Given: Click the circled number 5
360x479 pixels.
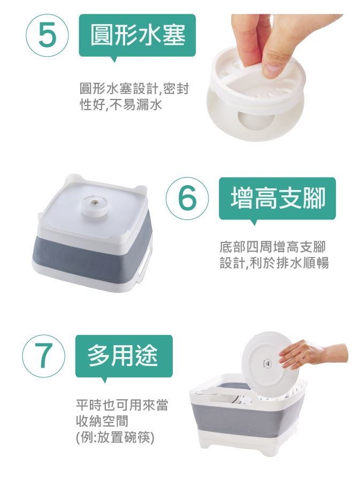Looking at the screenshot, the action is point(48,35).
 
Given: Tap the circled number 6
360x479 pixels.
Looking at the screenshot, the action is point(187,198).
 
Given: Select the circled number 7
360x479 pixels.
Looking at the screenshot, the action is point(43,356).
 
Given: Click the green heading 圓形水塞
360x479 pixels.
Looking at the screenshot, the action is point(137,35).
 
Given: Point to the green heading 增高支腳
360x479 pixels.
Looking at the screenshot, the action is point(277,198).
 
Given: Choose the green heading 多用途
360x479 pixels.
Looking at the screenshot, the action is point(124,356).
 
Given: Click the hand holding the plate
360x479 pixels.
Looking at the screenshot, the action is point(313,354).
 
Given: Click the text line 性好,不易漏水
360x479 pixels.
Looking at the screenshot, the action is point(120,105).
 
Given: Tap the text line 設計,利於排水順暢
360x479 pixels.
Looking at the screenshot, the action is point(274,263).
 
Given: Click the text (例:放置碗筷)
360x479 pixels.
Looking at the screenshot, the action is point(115,437).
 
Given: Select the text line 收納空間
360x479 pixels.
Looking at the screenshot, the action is point(102,422).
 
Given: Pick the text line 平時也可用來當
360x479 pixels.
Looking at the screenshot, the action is point(122,405).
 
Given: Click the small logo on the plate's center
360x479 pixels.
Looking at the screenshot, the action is point(263,363).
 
